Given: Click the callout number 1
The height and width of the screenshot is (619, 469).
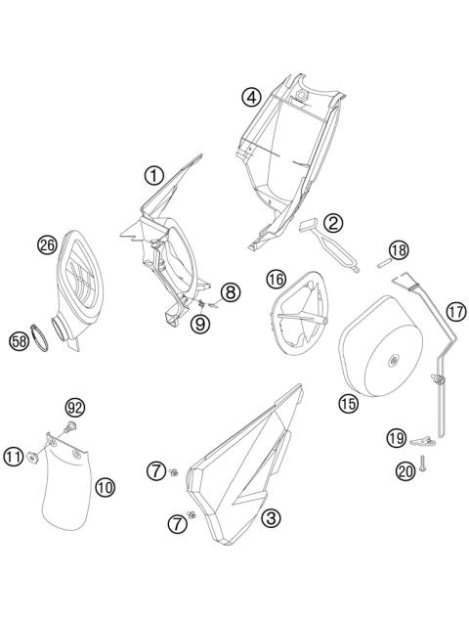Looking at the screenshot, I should [153, 175].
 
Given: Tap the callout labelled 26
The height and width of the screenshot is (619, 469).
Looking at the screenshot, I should [47, 245].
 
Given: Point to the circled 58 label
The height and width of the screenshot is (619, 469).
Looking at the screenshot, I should [20, 341].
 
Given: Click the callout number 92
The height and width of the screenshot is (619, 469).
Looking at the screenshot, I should [76, 406].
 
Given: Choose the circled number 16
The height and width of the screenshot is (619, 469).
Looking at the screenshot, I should [276, 280].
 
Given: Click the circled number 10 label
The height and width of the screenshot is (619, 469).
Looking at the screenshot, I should [105, 485].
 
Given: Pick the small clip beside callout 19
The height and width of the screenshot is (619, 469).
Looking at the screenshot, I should [425, 439].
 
